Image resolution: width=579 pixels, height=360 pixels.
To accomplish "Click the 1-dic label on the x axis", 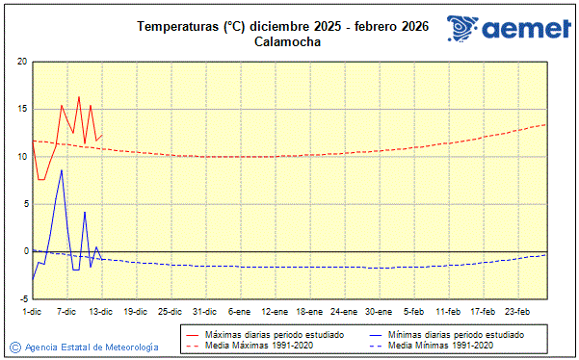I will pyautogui.click(x=32, y=311).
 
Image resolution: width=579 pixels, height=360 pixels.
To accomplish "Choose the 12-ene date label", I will pyautogui.click(x=275, y=311).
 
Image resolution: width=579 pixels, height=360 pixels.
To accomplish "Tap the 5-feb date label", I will pyautogui.click(x=413, y=311).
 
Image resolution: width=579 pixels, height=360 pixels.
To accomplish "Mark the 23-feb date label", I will pyautogui.click(x=517, y=311).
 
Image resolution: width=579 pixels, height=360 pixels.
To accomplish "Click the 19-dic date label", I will pyautogui.click(x=136, y=311).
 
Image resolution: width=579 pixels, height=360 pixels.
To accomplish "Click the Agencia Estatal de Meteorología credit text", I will pyautogui.click(x=92, y=347).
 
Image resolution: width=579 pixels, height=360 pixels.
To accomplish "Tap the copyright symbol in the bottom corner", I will pyautogui.click(x=14, y=347).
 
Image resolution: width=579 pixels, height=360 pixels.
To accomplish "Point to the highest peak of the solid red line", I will pyautogui.click(x=79, y=96).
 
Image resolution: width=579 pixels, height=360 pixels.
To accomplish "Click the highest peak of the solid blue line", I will pyautogui.click(x=62, y=169).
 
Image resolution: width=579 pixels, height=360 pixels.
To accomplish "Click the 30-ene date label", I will pyautogui.click(x=379, y=311).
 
